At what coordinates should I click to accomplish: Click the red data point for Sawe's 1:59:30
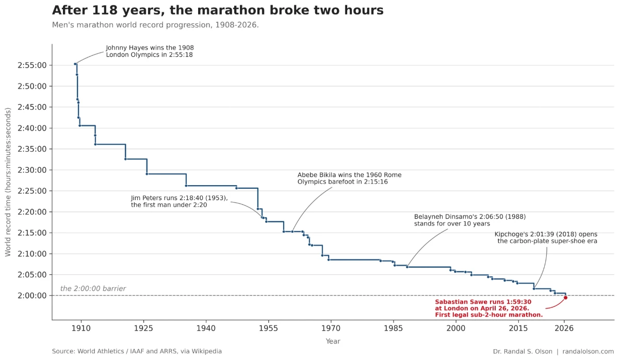pyautogui.click(x=565, y=298)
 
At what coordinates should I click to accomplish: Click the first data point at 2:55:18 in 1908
pyautogui.click(x=75, y=64)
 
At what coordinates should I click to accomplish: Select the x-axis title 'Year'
pyautogui.click(x=333, y=341)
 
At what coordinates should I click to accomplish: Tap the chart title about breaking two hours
pyautogui.click(x=218, y=10)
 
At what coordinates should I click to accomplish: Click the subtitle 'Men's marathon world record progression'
pyautogui.click(x=155, y=25)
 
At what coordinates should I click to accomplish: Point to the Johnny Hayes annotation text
pyautogui.click(x=150, y=51)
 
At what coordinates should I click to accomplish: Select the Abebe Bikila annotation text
pyautogui.click(x=349, y=178)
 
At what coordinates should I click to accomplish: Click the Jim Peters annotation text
pyautogui.click(x=179, y=201)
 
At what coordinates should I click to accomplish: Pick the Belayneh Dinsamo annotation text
pyautogui.click(x=469, y=220)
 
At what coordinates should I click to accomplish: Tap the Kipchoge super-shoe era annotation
pyautogui.click(x=546, y=238)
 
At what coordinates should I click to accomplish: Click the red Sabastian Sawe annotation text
pyautogui.click(x=488, y=308)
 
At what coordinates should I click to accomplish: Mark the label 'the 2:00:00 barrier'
pyautogui.click(x=93, y=289)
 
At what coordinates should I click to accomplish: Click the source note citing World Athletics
pyautogui.click(x=137, y=351)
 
